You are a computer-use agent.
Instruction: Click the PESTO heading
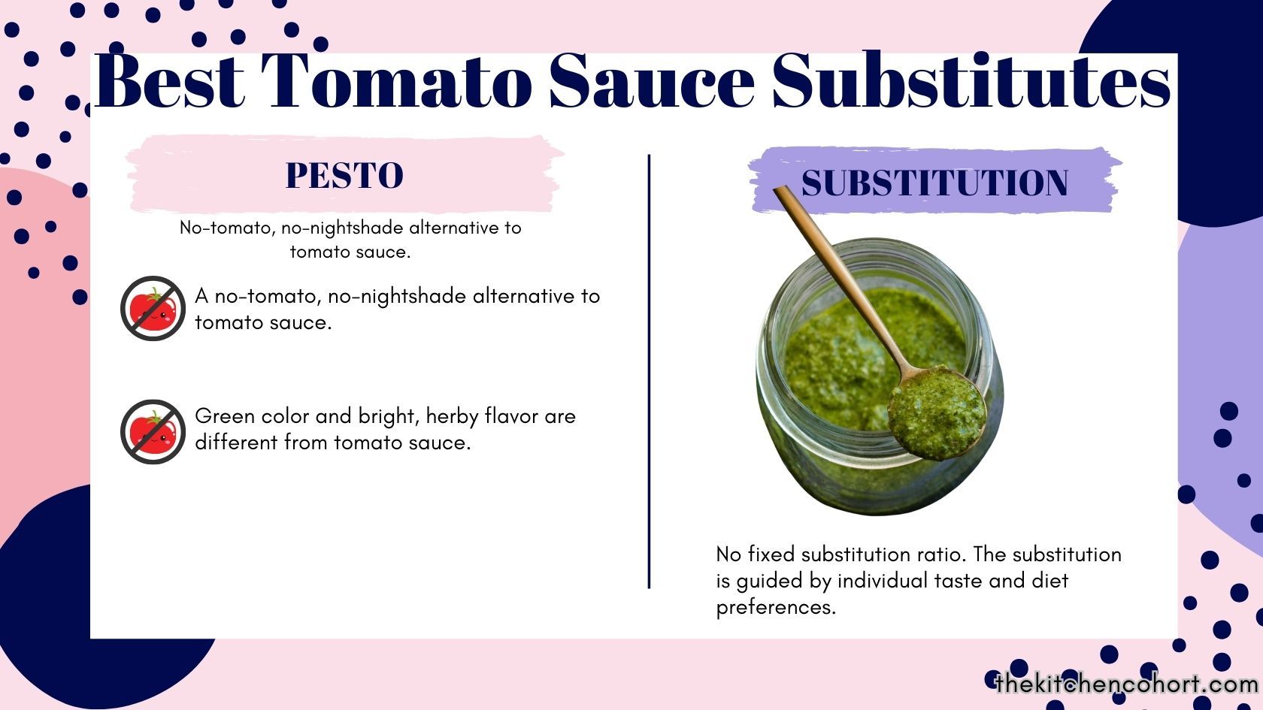344,176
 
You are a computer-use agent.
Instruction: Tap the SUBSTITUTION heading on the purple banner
934,183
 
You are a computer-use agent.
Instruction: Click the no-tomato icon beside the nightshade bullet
153,308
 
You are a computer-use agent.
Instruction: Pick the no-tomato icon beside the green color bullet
153,431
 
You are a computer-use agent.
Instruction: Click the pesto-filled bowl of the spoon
937,412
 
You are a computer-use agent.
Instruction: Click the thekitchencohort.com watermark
1126,684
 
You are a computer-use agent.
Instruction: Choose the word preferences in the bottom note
775,607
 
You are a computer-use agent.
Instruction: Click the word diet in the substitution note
1049,581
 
